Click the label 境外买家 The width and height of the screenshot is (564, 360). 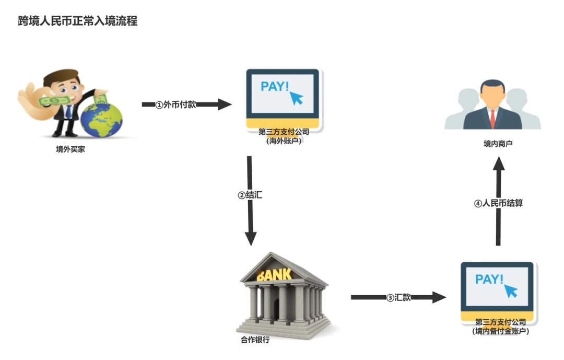point(70,149)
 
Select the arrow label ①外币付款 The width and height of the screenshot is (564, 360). point(176,104)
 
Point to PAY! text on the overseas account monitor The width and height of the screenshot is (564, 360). point(274,86)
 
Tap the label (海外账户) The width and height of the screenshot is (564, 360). point(284,141)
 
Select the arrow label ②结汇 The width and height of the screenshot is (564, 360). point(250,195)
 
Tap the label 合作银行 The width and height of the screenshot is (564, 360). point(255,340)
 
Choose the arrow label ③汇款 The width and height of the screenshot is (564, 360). point(398,298)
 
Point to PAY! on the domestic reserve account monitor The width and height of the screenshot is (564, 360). point(489,279)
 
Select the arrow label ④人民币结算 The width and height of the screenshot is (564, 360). point(498,204)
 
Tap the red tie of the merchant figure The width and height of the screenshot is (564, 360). point(492,118)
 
